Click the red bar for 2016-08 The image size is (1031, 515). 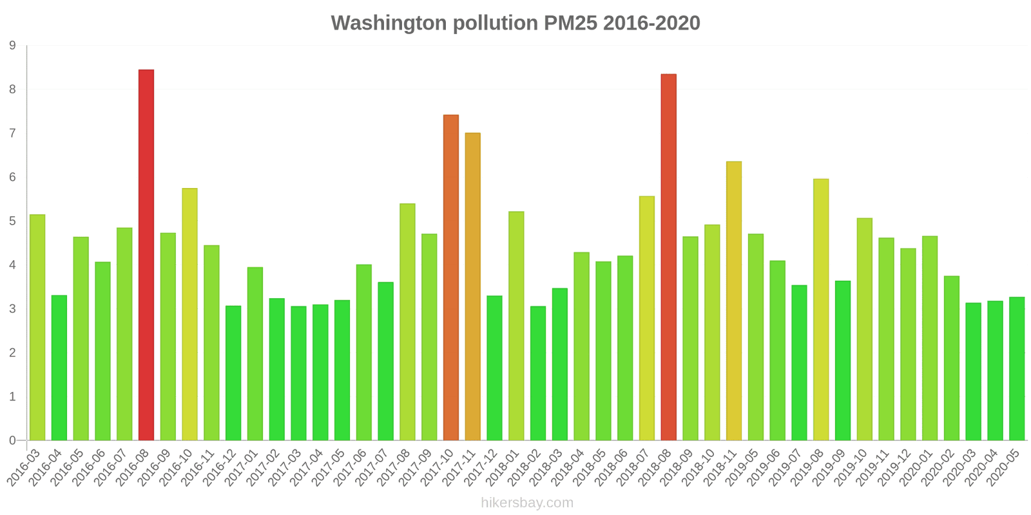click(x=146, y=255)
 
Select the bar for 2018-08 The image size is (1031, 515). click(x=668, y=257)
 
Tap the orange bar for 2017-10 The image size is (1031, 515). click(x=451, y=277)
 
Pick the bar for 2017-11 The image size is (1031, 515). click(x=472, y=286)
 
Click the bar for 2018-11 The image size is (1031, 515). click(x=733, y=301)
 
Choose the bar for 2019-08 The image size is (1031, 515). click(x=821, y=310)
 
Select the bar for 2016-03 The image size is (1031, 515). click(x=37, y=328)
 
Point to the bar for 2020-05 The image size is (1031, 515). click(x=1017, y=369)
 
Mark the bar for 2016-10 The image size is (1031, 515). click(x=189, y=314)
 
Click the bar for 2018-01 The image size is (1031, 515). click(x=516, y=326)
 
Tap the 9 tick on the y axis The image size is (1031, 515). click(x=13, y=46)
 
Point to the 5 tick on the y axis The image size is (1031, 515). click(x=13, y=221)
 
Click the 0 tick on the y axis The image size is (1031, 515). click(x=13, y=441)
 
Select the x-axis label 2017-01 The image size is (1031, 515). click(x=242, y=468)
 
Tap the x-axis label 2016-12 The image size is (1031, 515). click(x=220, y=468)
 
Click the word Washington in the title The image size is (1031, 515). click(x=389, y=23)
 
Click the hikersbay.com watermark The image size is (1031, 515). click(x=526, y=503)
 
